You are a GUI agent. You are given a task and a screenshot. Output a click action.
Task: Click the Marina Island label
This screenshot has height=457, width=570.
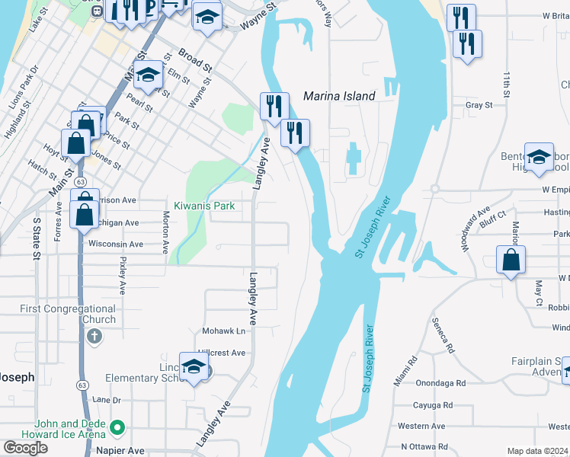[339, 96]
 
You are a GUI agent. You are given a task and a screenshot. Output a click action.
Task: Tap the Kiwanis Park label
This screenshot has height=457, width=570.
[203, 206]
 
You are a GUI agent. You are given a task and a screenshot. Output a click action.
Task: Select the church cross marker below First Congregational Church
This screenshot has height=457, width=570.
[94, 336]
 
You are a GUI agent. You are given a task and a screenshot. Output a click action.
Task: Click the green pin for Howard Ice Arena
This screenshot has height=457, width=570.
[117, 429]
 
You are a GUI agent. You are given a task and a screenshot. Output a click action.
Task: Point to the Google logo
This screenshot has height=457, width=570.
[25, 447]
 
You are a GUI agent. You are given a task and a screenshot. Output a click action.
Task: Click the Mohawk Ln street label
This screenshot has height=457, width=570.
[224, 331]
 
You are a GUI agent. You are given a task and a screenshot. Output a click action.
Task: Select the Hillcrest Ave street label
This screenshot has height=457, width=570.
[223, 353]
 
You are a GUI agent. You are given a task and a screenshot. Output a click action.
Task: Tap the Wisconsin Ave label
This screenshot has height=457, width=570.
[116, 244]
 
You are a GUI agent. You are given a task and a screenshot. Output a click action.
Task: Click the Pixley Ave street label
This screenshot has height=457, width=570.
[122, 275]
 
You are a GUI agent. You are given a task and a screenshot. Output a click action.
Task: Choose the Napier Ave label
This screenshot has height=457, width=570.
[120, 451]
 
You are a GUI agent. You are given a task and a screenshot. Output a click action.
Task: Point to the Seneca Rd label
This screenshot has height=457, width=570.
[442, 336]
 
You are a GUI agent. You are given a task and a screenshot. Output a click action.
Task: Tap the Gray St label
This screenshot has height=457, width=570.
[479, 105]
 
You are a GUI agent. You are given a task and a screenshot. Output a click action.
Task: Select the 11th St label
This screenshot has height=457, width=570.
[506, 85]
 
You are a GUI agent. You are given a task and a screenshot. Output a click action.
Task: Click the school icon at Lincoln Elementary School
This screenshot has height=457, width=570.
[194, 367]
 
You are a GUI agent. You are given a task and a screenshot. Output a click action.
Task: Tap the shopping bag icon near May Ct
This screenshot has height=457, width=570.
[510, 259]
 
